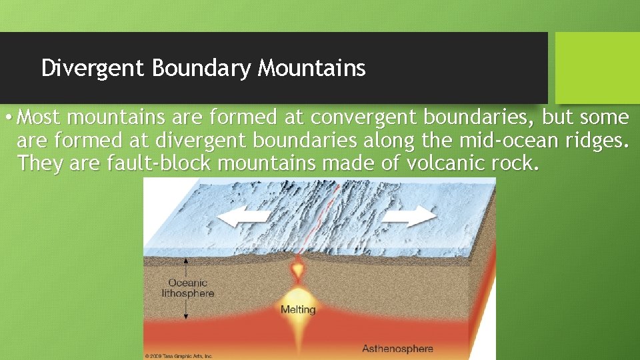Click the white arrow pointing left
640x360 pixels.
[236, 217]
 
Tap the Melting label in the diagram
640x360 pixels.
[298, 309]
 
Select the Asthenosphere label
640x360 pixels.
[397, 348]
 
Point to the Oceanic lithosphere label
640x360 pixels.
[187, 288]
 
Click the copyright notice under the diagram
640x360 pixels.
[179, 356]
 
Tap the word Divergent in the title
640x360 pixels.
[93, 68]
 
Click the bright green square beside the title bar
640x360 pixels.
[597, 67]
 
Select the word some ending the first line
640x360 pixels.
[604, 118]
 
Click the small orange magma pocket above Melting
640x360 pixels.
[298, 271]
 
